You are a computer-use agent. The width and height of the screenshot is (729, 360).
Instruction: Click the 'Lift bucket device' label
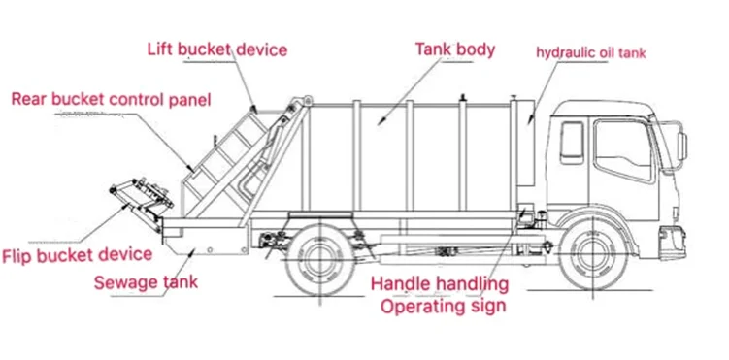[x=217, y=49]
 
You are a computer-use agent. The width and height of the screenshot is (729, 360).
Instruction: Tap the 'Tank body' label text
[x=454, y=49]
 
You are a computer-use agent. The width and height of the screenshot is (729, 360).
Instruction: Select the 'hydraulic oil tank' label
[x=591, y=53]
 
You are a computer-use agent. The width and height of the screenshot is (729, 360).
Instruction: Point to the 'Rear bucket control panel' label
[x=111, y=99]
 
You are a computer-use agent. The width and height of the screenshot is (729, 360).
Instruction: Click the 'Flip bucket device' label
[x=78, y=255]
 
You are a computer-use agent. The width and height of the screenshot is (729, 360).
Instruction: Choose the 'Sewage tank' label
[x=146, y=282]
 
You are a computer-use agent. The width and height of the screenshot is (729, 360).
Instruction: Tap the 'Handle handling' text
[x=440, y=283]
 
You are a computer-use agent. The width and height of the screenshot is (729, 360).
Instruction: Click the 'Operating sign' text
[x=443, y=306]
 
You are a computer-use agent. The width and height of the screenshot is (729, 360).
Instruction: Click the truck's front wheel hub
[x=593, y=255]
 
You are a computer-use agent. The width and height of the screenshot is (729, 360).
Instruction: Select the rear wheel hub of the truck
[x=320, y=258]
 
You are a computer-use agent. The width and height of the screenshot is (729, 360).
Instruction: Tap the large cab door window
[x=623, y=150]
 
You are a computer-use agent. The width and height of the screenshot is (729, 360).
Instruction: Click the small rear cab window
[x=573, y=142]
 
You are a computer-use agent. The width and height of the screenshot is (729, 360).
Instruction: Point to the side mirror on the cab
[x=682, y=147]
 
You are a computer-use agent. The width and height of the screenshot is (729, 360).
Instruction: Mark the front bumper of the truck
[x=673, y=243]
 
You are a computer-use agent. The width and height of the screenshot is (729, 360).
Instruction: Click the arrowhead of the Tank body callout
[x=381, y=121]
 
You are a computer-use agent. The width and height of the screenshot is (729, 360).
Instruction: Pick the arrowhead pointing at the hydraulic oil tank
[x=530, y=120]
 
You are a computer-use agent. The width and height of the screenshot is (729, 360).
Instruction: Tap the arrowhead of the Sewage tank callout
[x=192, y=251]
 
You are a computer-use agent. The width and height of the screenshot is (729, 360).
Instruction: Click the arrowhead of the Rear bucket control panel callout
[x=190, y=168]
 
